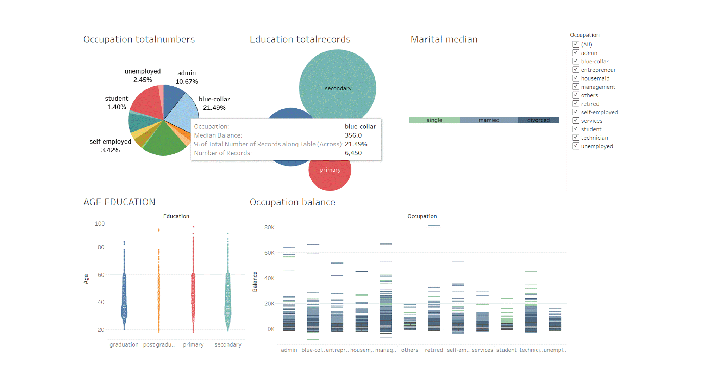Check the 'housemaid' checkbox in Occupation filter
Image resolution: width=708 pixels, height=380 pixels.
[x=576, y=78]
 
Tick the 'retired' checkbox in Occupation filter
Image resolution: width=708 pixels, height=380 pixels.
[x=576, y=104]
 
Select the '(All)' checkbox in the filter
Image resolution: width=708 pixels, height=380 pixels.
[x=576, y=44]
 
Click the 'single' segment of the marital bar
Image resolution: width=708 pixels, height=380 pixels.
[x=434, y=120]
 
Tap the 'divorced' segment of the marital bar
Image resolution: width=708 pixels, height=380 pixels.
[x=538, y=120]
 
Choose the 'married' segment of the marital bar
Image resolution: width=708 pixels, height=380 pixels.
[x=489, y=120]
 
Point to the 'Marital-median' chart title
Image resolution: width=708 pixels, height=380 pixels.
[x=444, y=39]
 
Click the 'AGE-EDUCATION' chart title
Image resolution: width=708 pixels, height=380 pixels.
[x=119, y=202]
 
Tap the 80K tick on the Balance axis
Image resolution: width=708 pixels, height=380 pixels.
[x=269, y=227]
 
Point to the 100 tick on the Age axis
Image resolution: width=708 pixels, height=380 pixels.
[x=100, y=223]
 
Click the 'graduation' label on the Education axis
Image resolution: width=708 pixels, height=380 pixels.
[x=124, y=344]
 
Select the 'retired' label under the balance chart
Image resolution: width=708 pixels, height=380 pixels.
[x=434, y=350]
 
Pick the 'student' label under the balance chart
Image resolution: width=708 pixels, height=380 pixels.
[x=506, y=350]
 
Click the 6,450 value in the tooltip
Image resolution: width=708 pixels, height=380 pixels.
[x=353, y=153]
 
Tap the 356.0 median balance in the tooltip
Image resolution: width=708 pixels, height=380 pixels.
[x=353, y=135]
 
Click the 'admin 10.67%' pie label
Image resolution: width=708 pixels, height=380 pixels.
[x=187, y=77]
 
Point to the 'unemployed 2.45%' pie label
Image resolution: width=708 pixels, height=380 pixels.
[x=143, y=75]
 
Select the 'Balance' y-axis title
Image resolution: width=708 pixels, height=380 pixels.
[x=255, y=281]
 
